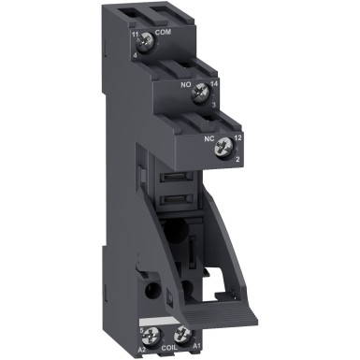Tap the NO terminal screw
click(198, 92)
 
